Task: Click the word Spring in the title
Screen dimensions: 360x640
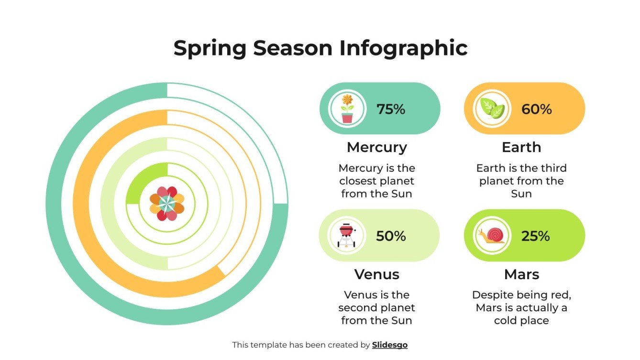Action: click(x=209, y=48)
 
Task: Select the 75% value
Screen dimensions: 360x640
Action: click(x=391, y=109)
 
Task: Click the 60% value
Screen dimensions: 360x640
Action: click(x=536, y=109)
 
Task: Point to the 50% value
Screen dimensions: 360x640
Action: click(x=391, y=236)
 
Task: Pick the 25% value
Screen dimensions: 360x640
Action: click(x=536, y=236)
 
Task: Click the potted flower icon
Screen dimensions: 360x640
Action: click(x=347, y=109)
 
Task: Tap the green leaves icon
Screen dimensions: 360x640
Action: click(x=492, y=109)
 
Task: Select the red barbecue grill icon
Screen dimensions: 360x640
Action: click(x=346, y=235)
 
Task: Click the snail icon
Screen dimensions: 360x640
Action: click(x=491, y=235)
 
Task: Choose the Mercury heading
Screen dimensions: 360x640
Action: click(x=376, y=147)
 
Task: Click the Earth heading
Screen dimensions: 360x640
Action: click(x=521, y=147)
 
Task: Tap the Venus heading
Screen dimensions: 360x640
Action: click(x=376, y=274)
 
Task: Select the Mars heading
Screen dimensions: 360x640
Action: click(x=521, y=274)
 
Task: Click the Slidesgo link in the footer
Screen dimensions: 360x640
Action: click(x=389, y=345)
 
